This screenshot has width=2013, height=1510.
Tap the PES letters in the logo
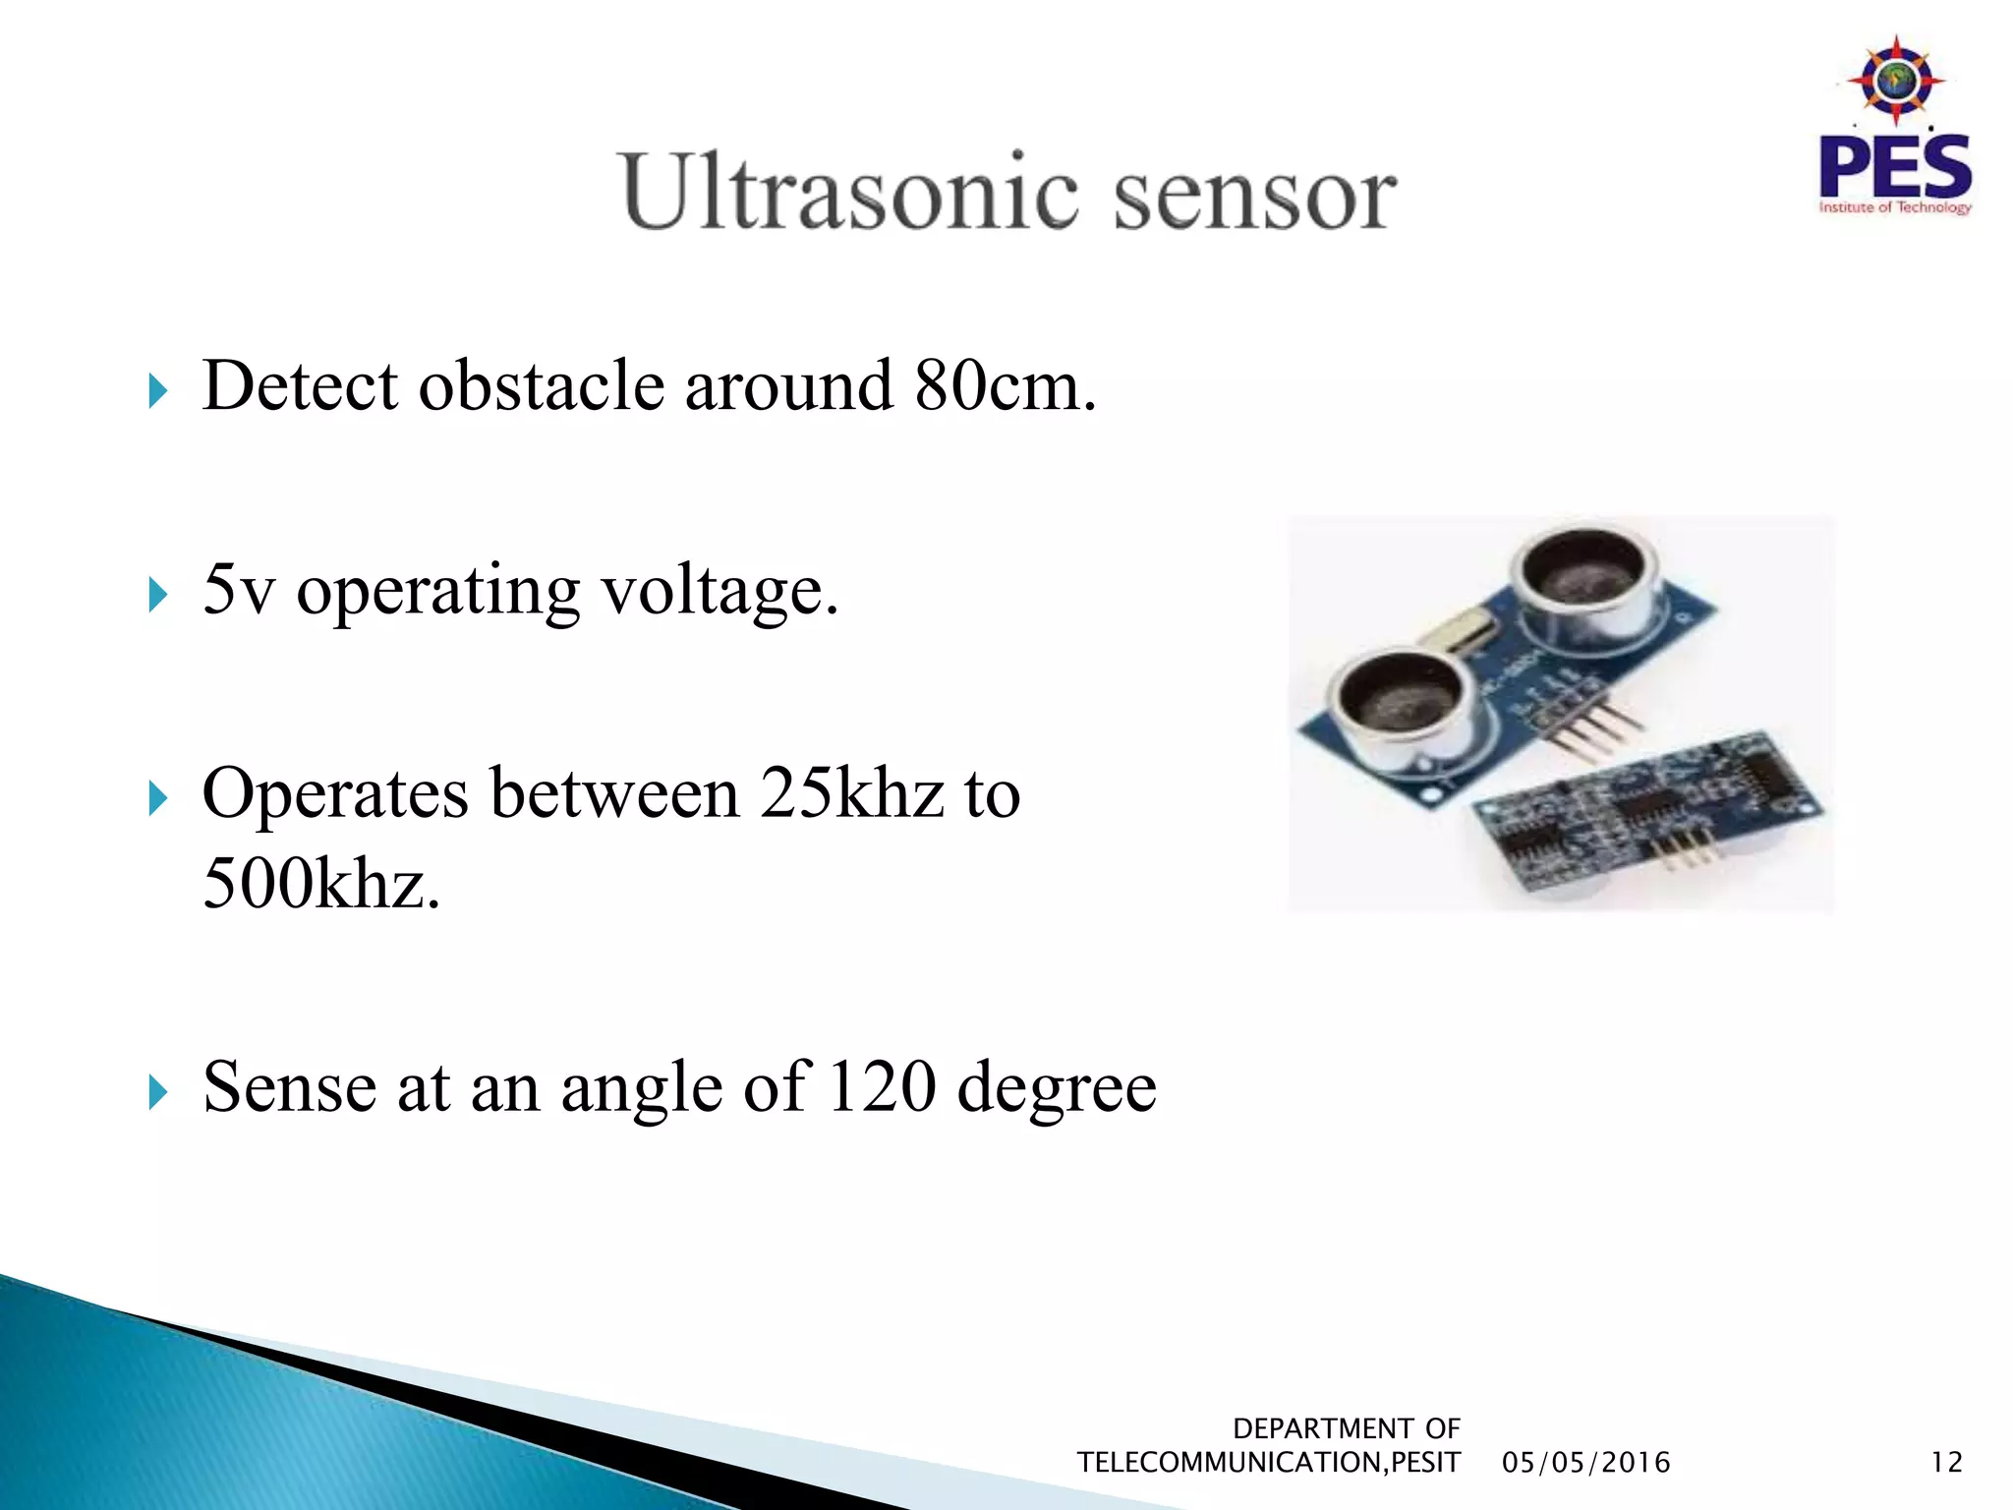[1894, 167]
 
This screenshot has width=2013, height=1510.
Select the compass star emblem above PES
[1895, 81]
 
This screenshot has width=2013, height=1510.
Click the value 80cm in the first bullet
[1003, 385]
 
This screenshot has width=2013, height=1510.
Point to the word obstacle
[542, 385]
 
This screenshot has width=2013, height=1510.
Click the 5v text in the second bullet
[238, 590]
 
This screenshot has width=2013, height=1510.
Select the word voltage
[719, 592]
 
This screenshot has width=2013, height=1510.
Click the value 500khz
[320, 883]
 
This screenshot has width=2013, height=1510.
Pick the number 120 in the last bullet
[882, 1087]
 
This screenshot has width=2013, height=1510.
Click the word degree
[1057, 1089]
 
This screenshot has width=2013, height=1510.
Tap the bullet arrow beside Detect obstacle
[157, 390]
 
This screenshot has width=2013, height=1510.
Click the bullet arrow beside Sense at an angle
[157, 1091]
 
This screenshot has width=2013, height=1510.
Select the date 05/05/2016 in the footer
[1585, 1463]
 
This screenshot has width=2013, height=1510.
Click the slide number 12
[1946, 1463]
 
